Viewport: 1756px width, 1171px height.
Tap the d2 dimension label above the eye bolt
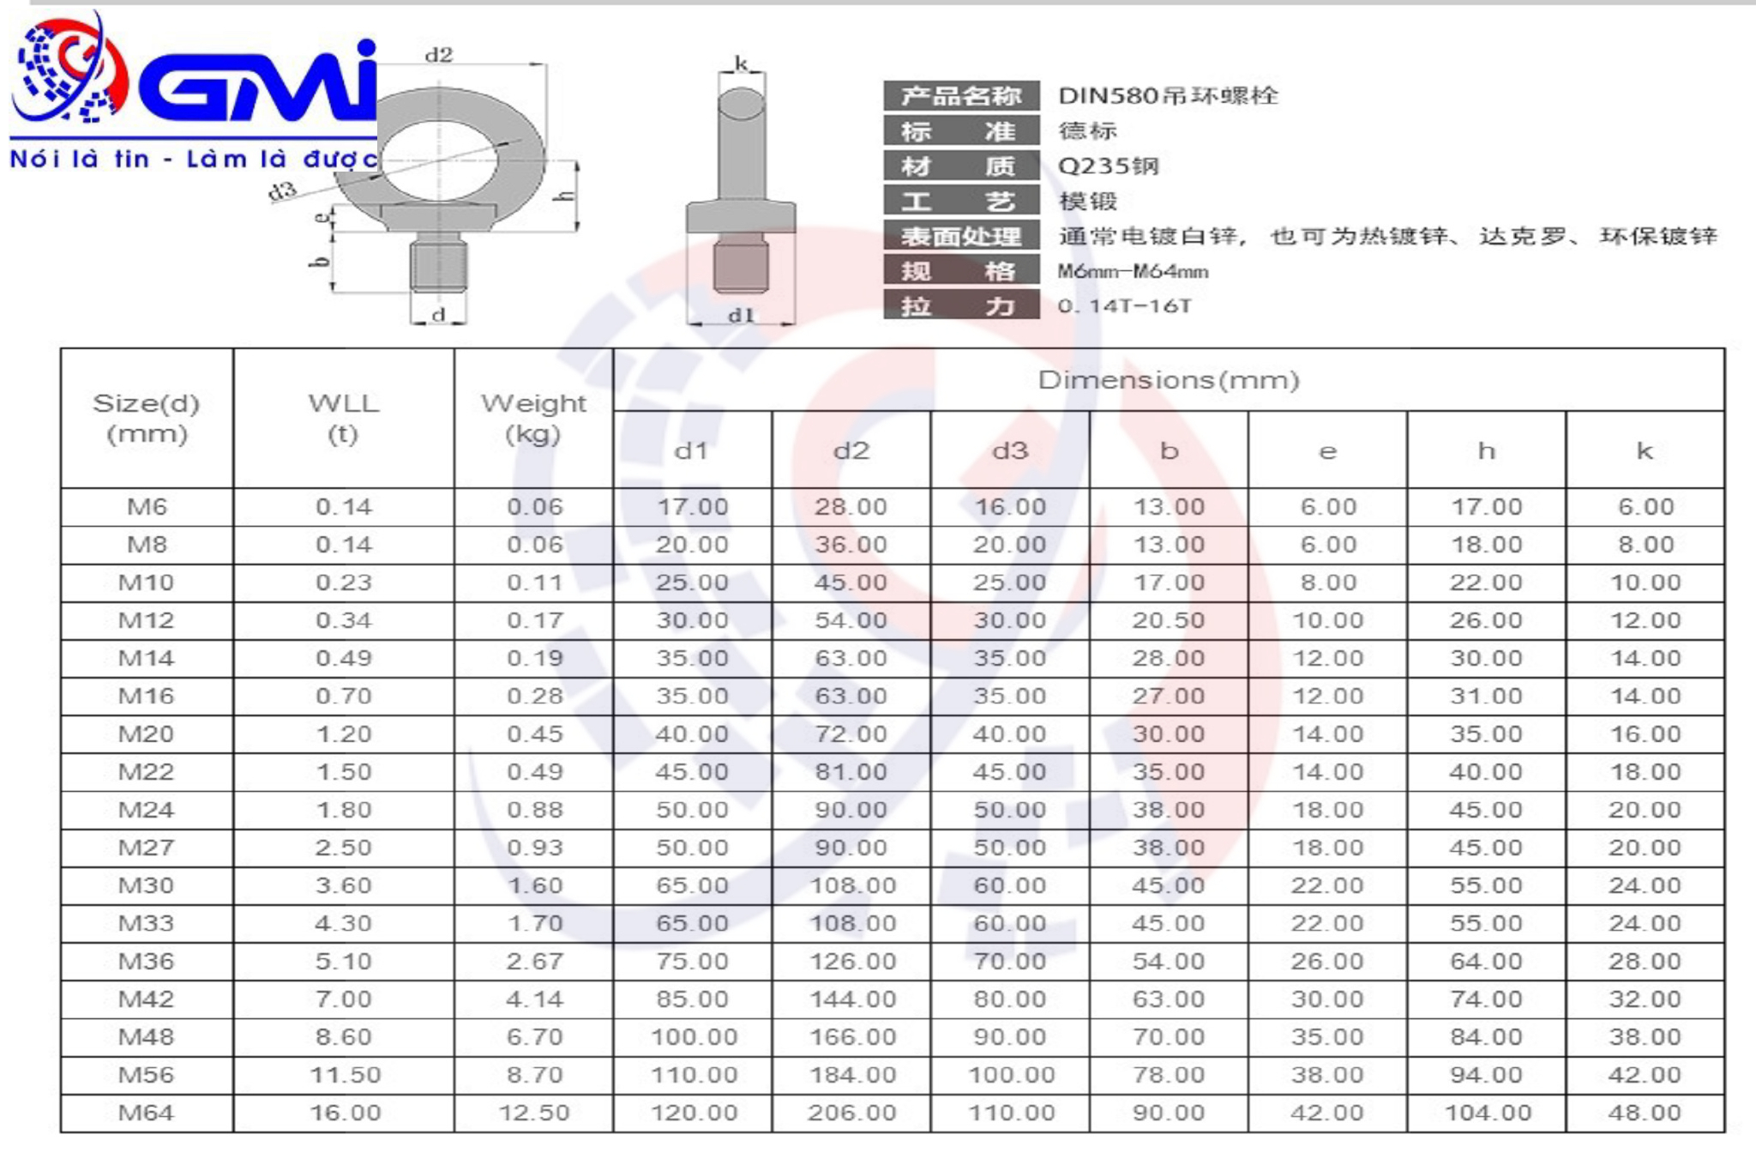(438, 55)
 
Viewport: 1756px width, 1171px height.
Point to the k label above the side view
(741, 63)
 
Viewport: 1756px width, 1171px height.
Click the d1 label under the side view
(741, 315)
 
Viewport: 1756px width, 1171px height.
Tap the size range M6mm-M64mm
(1133, 272)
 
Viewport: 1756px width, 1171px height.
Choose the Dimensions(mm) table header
(1169, 380)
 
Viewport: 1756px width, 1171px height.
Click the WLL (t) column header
(344, 418)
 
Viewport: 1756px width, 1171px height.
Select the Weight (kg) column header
(533, 418)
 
